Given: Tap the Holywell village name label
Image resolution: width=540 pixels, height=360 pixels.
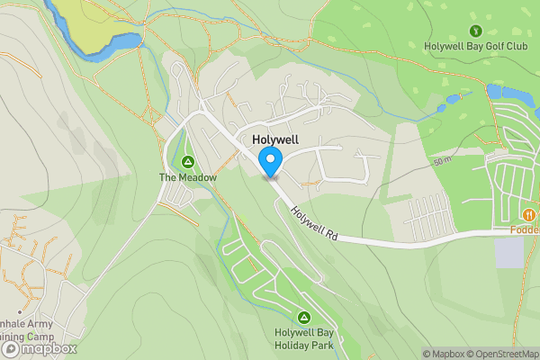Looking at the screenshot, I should pos(274,140).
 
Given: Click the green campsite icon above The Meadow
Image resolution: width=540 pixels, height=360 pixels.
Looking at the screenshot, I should pos(188,162).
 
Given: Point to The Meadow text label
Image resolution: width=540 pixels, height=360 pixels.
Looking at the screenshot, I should pos(188,177).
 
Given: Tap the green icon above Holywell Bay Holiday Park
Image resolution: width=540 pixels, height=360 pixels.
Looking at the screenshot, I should pos(304,317).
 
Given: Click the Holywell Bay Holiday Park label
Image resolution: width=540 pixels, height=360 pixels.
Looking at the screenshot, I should pos(304,337).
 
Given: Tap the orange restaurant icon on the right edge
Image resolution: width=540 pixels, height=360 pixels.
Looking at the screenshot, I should pos(529,214).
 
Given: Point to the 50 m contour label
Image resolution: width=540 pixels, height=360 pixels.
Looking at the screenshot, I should pos(441,161).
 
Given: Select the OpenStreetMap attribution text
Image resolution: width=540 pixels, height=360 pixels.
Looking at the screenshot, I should pos(503,354).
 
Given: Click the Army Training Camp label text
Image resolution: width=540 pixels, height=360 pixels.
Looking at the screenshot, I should pos(27,330).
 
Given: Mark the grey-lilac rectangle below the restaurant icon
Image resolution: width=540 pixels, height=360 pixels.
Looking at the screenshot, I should pos(508,252).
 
